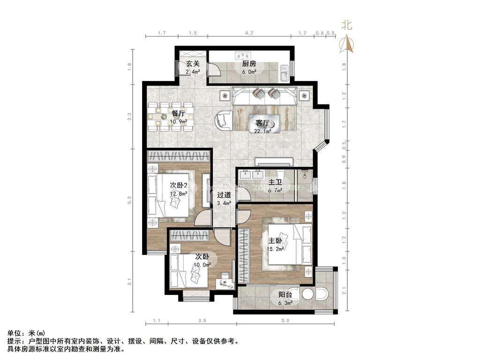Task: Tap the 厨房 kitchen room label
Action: click(249, 64)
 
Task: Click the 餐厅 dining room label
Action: click(179, 113)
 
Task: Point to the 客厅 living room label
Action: click(263, 123)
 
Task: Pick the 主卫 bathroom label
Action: click(275, 182)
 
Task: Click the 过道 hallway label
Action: click(224, 195)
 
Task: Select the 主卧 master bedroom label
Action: click(275, 241)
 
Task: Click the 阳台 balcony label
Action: click(285, 295)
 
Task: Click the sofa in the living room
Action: click(265, 96)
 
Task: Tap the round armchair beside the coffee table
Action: click(224, 120)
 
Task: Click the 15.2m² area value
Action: click(275, 248)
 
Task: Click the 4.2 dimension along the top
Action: click(249, 33)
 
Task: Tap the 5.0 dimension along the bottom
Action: click(285, 321)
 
